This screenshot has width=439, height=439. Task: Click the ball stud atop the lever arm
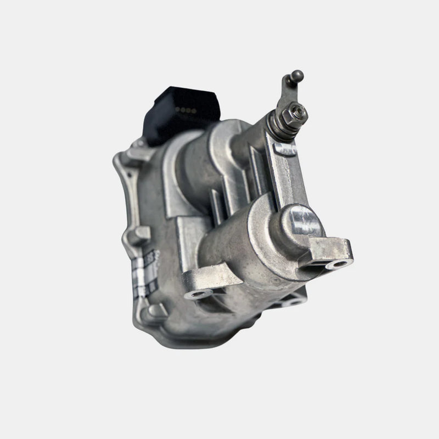297,75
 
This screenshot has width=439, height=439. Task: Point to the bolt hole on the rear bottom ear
294,300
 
